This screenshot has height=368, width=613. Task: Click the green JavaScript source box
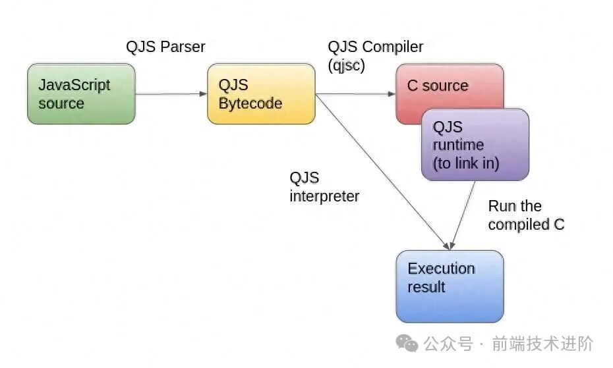(x=81, y=93)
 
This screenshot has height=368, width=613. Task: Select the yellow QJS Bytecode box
(x=261, y=93)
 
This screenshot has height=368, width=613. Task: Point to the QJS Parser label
(x=165, y=47)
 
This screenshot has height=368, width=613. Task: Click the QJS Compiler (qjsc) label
(x=375, y=55)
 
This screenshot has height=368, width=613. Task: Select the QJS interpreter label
(x=324, y=187)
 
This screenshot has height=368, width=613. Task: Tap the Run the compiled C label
(x=526, y=215)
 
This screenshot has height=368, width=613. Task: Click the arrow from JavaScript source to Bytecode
(x=171, y=94)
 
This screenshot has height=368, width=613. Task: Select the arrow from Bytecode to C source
(x=356, y=94)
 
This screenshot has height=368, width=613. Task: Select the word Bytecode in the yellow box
(x=250, y=103)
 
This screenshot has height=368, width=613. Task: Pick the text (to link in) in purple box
(x=466, y=163)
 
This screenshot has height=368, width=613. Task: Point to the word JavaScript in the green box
(x=74, y=85)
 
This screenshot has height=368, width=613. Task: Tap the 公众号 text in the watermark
(x=448, y=344)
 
